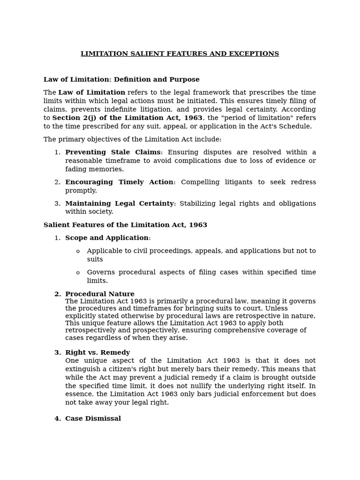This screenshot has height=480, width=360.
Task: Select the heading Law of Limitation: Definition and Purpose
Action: coord(121,80)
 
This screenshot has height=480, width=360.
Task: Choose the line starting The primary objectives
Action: coord(132,140)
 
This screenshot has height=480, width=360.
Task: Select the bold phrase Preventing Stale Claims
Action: coord(112,152)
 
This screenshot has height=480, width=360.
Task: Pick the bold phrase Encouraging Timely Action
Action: coord(119,182)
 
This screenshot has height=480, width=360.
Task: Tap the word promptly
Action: coord(81,191)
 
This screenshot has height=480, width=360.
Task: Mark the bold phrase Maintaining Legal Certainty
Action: coord(119,203)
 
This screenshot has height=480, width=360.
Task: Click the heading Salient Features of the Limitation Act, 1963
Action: coord(125,225)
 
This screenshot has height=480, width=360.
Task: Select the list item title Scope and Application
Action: coord(107,238)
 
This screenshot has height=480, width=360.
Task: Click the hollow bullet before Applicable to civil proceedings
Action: coord(78,252)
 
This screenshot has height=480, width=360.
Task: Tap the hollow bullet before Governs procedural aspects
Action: coord(78,273)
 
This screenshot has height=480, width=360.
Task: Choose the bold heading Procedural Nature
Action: coord(99,294)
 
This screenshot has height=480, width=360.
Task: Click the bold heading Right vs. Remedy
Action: coord(97,352)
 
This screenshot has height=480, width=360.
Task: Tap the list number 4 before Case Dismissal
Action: coord(57,419)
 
